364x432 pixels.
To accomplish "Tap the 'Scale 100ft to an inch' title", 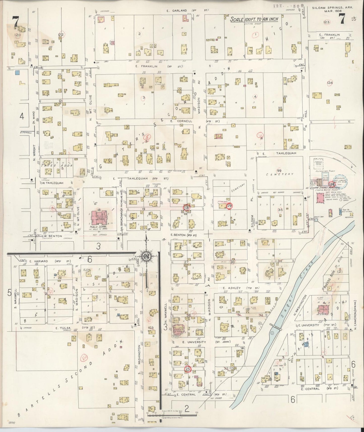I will pos(255,19).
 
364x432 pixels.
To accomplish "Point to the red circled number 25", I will pos(188,369).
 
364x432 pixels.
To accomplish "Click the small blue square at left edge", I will pos(17,73).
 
